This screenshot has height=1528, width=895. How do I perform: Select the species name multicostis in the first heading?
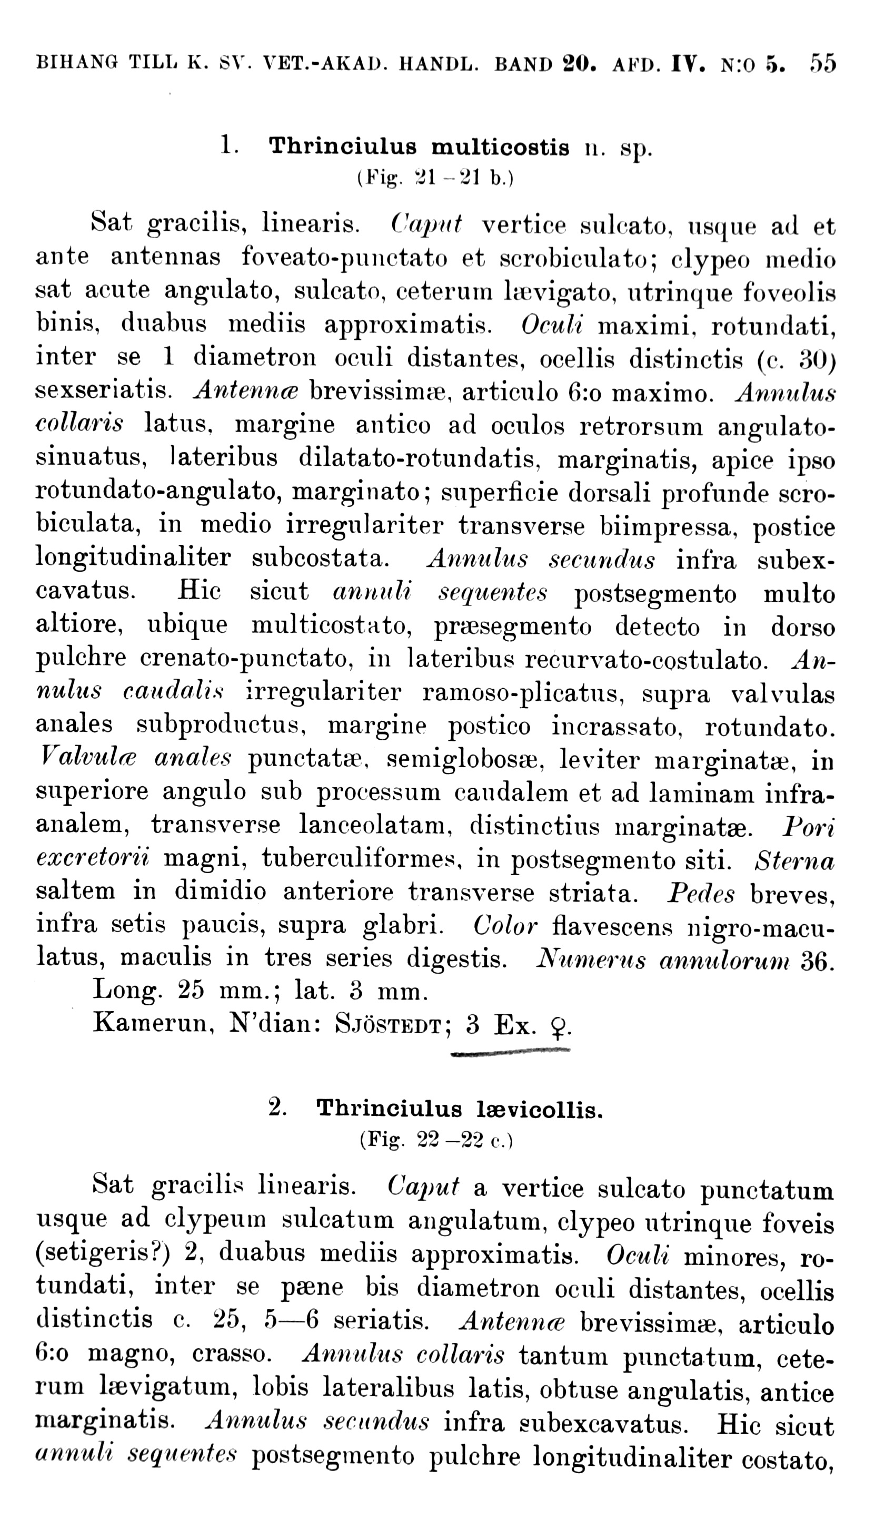coord(500,148)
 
